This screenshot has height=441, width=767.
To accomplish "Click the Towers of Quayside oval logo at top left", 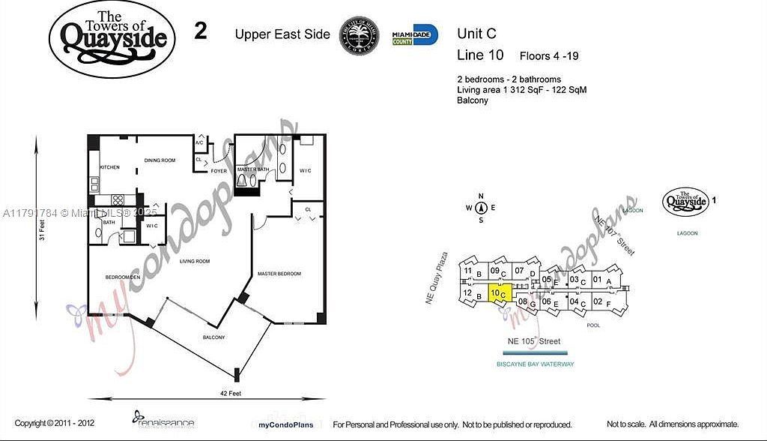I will tap(112, 38).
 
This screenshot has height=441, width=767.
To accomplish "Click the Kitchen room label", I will tap(110, 167).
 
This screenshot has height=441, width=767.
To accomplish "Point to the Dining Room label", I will tap(160, 160).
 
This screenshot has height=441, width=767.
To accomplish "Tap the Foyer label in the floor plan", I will tap(219, 171).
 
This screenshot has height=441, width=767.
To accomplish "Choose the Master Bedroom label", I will tap(279, 274).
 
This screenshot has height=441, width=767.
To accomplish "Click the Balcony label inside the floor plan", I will tap(213, 337).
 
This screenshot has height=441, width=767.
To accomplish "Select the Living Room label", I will tap(194, 261).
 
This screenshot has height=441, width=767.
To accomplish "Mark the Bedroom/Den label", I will tap(123, 277).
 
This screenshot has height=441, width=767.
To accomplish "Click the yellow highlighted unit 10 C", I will tap(500, 294).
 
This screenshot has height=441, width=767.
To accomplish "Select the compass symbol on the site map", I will tap(481, 208).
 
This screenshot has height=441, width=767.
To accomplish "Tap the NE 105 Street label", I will tap(534, 341).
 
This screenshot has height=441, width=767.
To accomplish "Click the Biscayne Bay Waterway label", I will tap(535, 364).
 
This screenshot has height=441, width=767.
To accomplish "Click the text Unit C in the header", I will tap(476, 34).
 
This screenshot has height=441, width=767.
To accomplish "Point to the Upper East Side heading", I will tap(282, 34).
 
